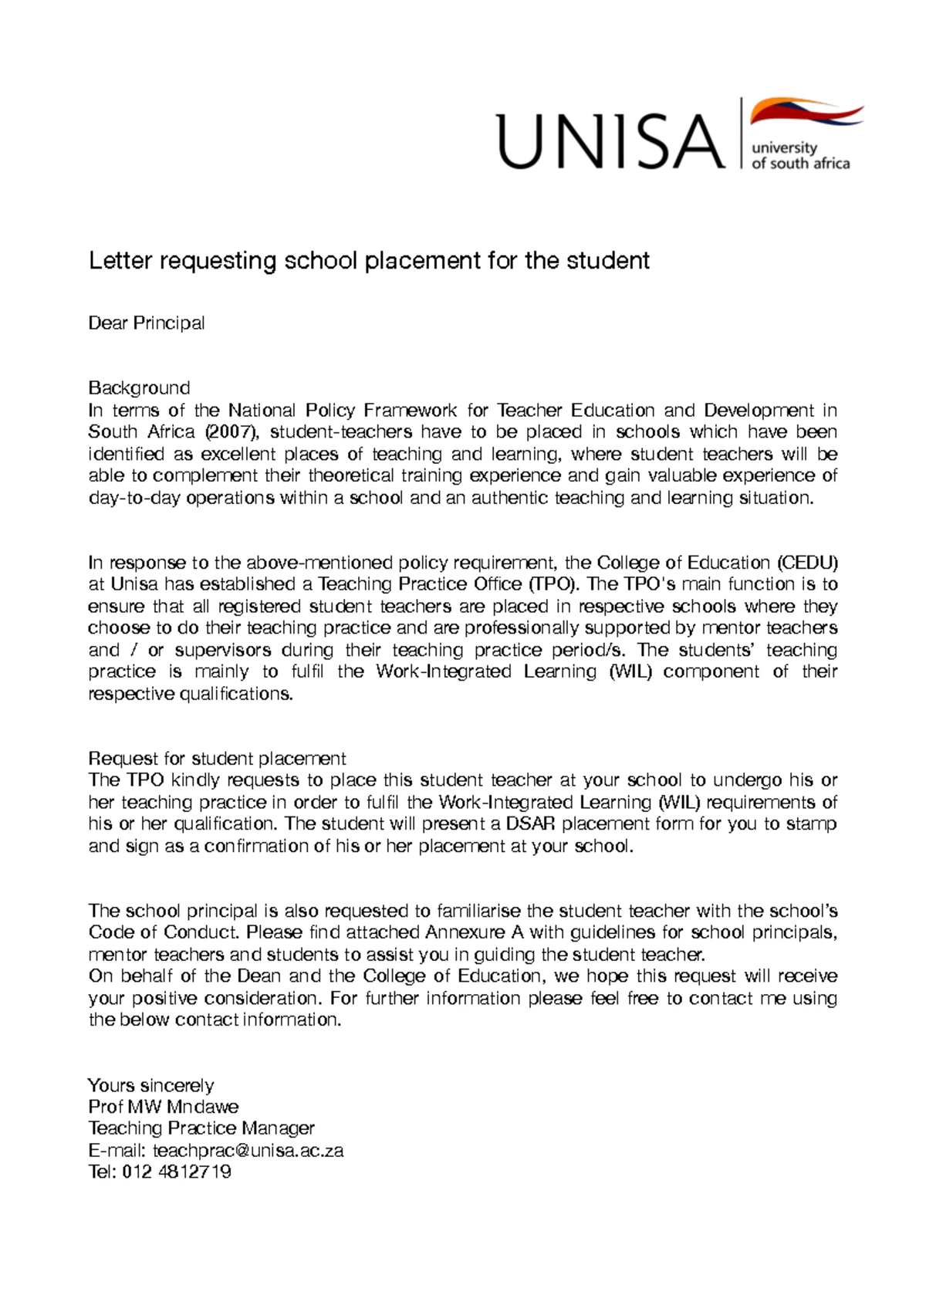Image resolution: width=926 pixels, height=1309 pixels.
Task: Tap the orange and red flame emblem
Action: click(x=806, y=113)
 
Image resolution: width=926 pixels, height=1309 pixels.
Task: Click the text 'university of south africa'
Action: click(x=800, y=155)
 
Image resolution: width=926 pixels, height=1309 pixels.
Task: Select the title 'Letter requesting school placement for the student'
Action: click(x=369, y=260)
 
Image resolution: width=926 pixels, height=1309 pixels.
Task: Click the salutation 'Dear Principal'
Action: click(x=147, y=323)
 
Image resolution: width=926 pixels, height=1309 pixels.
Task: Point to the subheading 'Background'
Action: click(x=139, y=387)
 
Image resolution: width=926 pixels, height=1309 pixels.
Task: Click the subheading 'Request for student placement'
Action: click(x=217, y=758)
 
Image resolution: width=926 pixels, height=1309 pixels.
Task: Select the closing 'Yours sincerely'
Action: click(x=150, y=1085)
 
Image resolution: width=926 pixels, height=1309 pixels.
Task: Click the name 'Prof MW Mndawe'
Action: click(x=164, y=1107)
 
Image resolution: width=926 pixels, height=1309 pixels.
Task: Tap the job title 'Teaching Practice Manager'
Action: click(x=201, y=1128)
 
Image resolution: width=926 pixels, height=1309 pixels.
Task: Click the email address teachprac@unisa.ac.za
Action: click(x=248, y=1151)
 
